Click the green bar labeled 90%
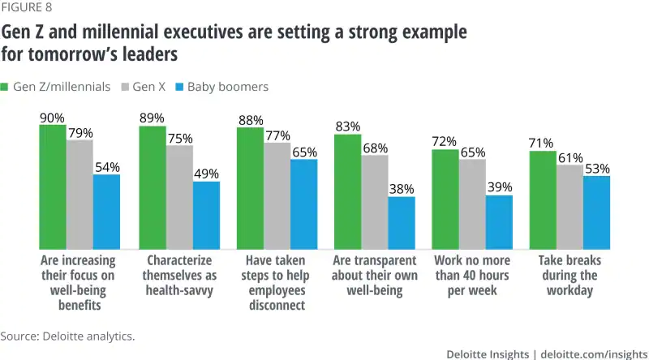point(53,186)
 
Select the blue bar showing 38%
point(401,223)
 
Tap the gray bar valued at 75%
point(179,197)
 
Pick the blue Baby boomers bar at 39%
point(499,222)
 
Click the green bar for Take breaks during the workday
point(543,199)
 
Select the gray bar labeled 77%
point(277,195)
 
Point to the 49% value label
point(205,173)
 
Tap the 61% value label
point(569,156)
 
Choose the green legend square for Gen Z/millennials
point(5,87)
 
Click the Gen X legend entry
point(143,87)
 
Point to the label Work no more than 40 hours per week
point(471,276)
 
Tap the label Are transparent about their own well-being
point(374,276)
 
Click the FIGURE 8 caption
point(25,11)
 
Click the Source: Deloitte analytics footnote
point(67,335)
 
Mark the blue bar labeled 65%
point(303,204)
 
